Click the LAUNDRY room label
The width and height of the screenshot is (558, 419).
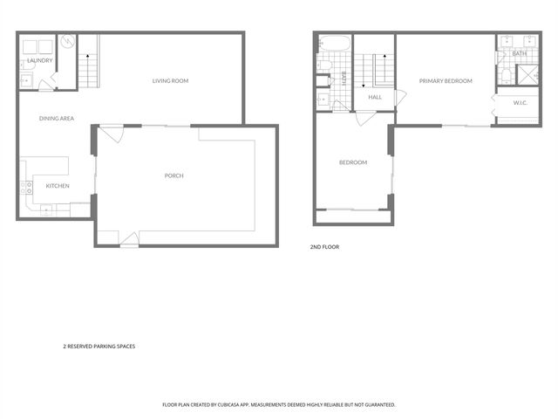[40, 60]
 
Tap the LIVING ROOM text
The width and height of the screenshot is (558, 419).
[170, 81]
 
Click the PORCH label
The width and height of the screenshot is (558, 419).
[174, 175]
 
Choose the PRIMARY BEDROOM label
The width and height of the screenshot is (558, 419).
[445, 81]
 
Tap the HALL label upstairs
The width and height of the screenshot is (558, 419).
[375, 97]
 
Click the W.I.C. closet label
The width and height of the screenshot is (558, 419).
[521, 103]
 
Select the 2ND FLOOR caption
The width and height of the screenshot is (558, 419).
[324, 247]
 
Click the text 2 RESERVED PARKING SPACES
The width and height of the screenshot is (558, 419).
[99, 346]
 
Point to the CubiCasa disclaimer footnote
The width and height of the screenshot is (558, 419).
[279, 405]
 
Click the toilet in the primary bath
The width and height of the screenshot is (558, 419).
[505, 75]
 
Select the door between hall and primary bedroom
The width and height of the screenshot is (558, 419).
[398, 98]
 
